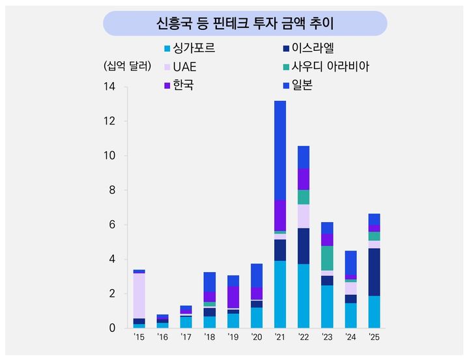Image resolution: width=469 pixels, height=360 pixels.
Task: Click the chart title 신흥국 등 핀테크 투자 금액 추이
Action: [244, 23]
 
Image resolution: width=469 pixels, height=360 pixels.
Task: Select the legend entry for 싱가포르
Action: [193, 48]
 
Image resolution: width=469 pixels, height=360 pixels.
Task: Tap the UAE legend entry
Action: [184, 66]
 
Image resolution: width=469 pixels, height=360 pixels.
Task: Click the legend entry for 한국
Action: [184, 85]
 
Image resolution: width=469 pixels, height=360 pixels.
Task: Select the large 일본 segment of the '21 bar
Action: [280, 150]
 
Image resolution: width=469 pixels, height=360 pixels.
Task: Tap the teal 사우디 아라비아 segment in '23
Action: [327, 258]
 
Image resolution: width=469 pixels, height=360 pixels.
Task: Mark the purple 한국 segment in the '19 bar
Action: [233, 297]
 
